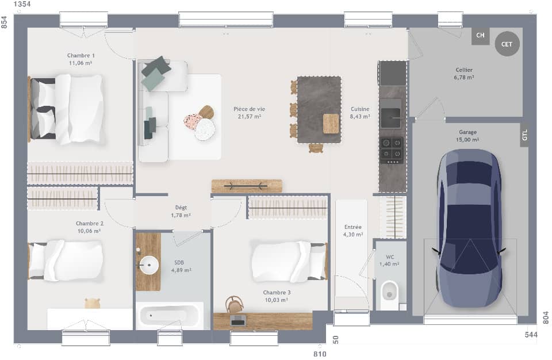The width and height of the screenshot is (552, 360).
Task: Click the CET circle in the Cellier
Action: [507, 44]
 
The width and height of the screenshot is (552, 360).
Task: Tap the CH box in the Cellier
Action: [480, 36]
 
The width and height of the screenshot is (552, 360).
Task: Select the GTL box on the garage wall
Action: [524, 135]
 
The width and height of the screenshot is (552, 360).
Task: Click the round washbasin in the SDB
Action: [149, 266]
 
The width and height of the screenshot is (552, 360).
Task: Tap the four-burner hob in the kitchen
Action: [392, 150]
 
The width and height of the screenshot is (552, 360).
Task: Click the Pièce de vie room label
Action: [249, 109]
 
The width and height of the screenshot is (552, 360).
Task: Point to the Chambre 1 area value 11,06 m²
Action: [80, 63]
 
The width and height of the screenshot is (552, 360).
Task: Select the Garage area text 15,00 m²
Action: [467, 139]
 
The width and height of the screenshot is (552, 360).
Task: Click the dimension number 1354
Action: [22, 5]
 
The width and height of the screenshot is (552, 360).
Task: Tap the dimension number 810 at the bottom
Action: [320, 354]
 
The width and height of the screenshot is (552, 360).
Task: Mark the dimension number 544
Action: [531, 335]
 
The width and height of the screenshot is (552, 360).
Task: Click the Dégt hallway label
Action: [181, 208]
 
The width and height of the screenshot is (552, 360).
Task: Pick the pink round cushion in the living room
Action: [192, 121]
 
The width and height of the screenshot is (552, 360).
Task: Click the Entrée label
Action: [352, 227]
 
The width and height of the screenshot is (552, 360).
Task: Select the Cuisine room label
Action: [360, 109]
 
